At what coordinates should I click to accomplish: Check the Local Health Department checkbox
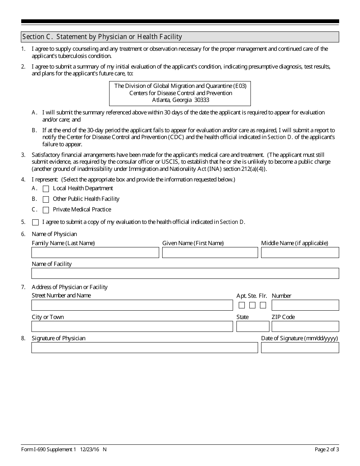(46, 189)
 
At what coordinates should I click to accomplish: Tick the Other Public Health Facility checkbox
(46, 199)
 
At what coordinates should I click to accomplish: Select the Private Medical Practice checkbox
(46, 210)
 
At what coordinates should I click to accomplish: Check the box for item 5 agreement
(35, 222)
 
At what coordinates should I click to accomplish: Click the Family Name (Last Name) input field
(95, 253)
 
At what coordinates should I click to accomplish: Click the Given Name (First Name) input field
(210, 253)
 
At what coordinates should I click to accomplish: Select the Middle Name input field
(300, 253)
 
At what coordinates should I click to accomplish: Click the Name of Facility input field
(185, 274)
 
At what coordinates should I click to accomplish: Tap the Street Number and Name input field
(132, 305)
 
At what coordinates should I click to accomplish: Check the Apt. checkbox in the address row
(242, 305)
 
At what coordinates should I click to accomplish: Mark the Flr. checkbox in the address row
(263, 305)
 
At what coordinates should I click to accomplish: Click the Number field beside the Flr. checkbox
(305, 305)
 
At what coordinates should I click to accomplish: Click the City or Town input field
(132, 327)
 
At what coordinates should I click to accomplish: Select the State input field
(253, 327)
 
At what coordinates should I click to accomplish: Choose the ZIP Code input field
(305, 327)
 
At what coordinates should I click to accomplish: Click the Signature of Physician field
(144, 348)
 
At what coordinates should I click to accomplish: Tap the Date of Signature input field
(300, 348)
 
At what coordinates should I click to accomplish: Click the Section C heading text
(102, 37)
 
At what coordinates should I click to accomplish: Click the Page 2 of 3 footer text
(327, 450)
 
